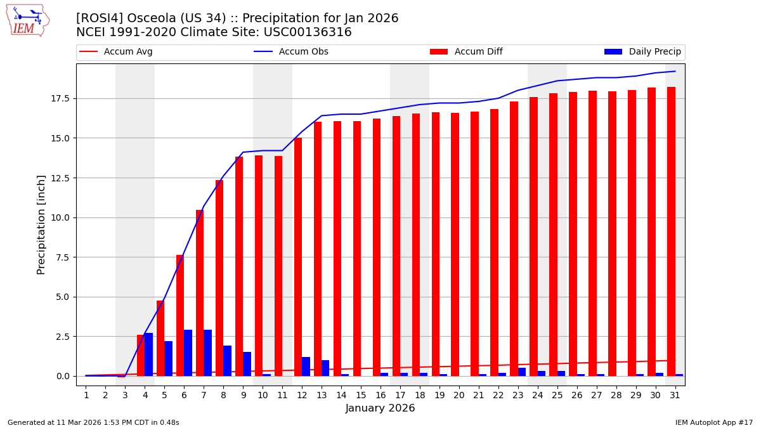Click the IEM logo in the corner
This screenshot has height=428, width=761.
(x=27, y=20)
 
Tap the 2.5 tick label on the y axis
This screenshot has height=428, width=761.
(x=61, y=336)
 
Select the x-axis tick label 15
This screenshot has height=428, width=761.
(x=361, y=395)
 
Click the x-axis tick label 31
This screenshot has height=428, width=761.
(x=675, y=395)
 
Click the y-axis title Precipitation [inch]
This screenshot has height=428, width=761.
(x=41, y=224)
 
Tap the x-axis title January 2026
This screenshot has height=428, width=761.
(x=380, y=409)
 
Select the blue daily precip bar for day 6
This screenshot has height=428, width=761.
(x=188, y=353)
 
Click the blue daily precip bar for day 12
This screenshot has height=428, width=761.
(x=306, y=366)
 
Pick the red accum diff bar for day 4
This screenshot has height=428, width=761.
(x=141, y=355)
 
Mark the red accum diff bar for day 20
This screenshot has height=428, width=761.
(x=455, y=244)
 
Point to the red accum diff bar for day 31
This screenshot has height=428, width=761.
(x=671, y=231)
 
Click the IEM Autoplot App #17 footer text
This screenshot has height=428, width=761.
(x=713, y=422)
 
